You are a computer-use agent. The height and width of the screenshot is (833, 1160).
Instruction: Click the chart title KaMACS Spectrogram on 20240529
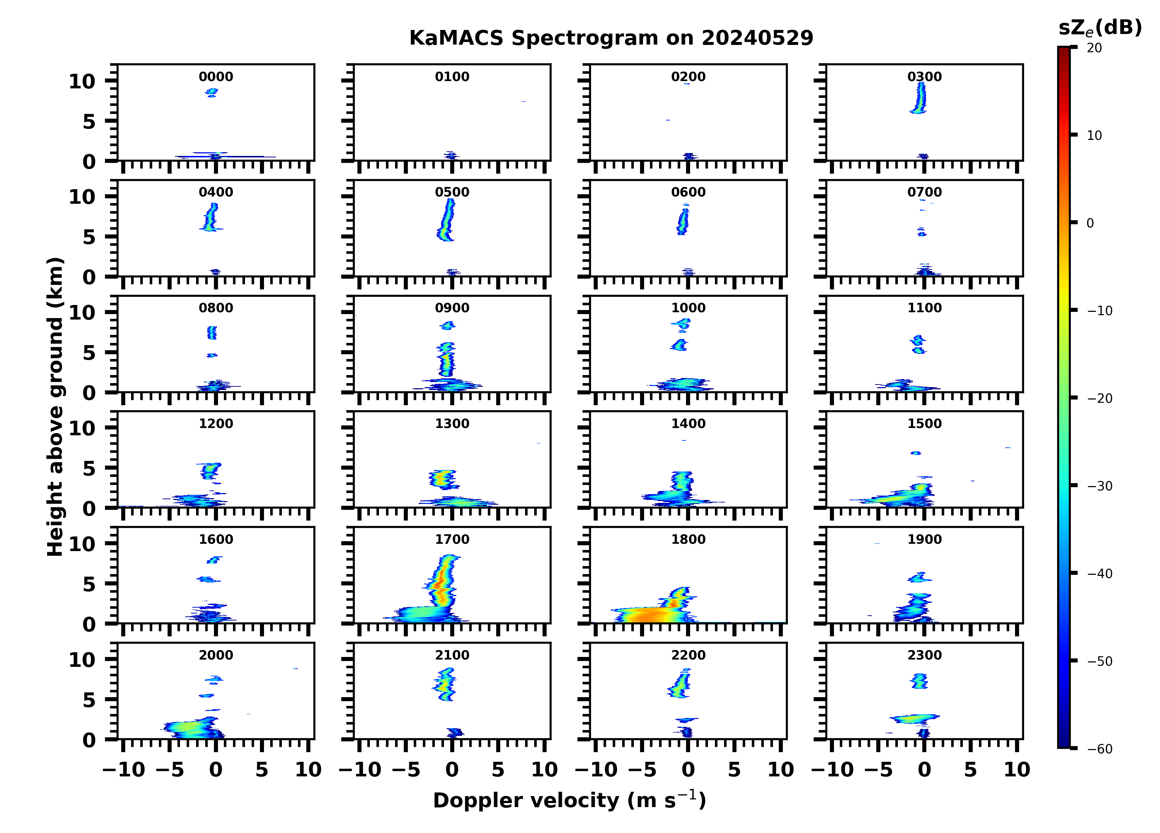(x=611, y=38)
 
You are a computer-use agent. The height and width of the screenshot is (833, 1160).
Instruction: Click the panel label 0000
(x=216, y=77)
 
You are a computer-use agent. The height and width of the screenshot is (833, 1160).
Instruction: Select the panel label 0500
(x=452, y=192)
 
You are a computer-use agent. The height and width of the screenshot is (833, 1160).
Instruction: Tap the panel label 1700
(x=452, y=539)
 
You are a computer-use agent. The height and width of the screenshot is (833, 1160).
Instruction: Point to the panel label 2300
(x=924, y=655)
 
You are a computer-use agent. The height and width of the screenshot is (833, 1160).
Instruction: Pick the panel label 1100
(x=924, y=308)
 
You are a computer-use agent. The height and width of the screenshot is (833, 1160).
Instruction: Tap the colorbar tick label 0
(x=1090, y=223)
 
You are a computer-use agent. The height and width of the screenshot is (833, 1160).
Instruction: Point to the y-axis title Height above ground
(x=55, y=407)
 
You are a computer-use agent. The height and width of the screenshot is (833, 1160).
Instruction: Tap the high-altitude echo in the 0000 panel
(x=212, y=92)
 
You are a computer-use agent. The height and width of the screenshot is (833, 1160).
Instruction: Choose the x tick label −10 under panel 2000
(x=124, y=769)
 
